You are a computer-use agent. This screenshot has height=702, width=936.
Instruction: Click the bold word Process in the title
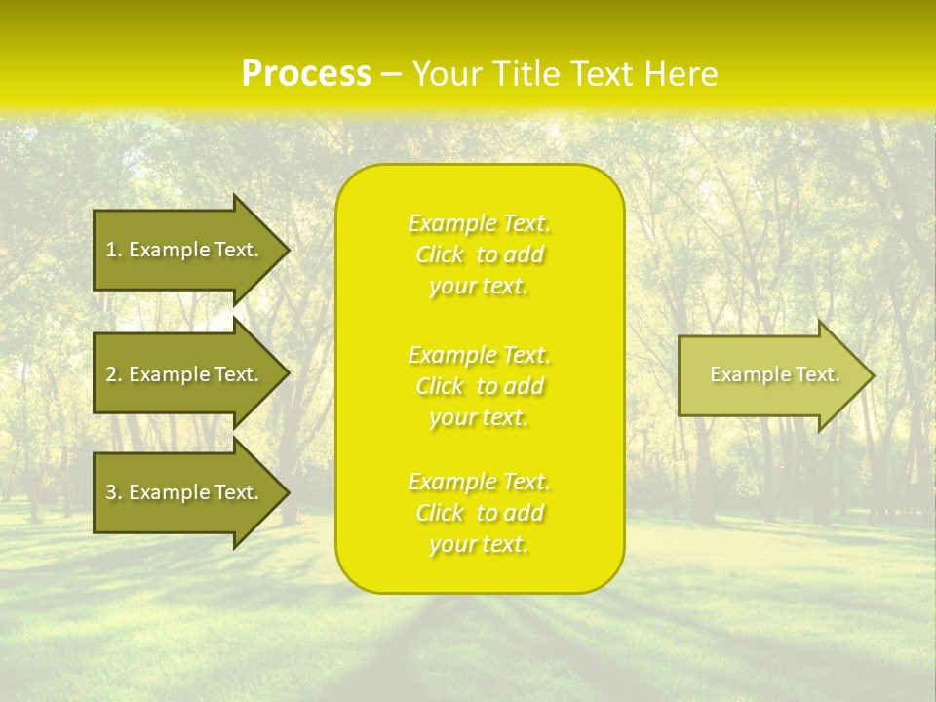click(x=305, y=74)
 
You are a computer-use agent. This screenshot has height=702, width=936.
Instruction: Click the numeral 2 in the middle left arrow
click(x=111, y=374)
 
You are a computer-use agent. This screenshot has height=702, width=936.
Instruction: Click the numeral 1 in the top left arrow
click(x=110, y=250)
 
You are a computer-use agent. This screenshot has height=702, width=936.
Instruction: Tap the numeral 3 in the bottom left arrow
click(x=111, y=492)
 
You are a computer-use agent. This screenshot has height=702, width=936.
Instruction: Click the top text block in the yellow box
click(x=479, y=254)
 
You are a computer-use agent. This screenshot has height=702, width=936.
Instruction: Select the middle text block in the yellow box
click(x=479, y=385)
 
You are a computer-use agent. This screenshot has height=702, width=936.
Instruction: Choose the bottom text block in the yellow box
click(x=479, y=513)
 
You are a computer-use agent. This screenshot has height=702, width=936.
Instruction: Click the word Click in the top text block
click(x=440, y=255)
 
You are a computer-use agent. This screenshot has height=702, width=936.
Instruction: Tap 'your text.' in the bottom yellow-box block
click(x=479, y=544)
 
